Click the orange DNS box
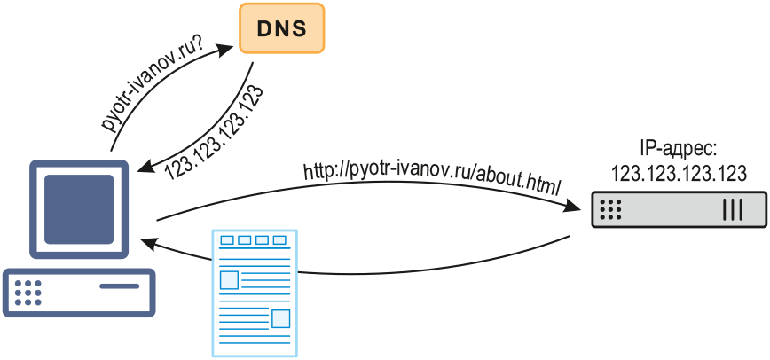[282, 27]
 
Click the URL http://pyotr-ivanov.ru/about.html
[433, 176]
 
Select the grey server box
[679, 210]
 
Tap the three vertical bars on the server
[733, 210]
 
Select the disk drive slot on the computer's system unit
[119, 286]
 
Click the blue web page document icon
[254, 293]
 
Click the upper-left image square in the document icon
[230, 280]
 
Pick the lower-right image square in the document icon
[280, 318]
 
